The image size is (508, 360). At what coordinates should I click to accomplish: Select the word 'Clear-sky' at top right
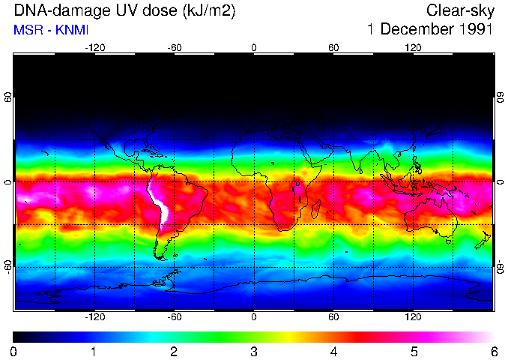[x=459, y=11]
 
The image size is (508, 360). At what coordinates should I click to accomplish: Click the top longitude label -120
[x=94, y=47]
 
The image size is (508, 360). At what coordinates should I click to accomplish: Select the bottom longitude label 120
[x=413, y=317]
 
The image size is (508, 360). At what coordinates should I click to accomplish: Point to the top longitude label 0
[x=254, y=47]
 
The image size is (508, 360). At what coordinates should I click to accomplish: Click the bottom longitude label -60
[x=174, y=317]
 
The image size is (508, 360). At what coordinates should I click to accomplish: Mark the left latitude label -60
[x=7, y=266]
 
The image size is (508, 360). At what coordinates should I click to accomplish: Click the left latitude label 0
[x=7, y=182]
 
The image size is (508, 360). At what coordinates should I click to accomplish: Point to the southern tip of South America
[x=161, y=257]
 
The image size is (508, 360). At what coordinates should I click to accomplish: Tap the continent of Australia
[x=428, y=217]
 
